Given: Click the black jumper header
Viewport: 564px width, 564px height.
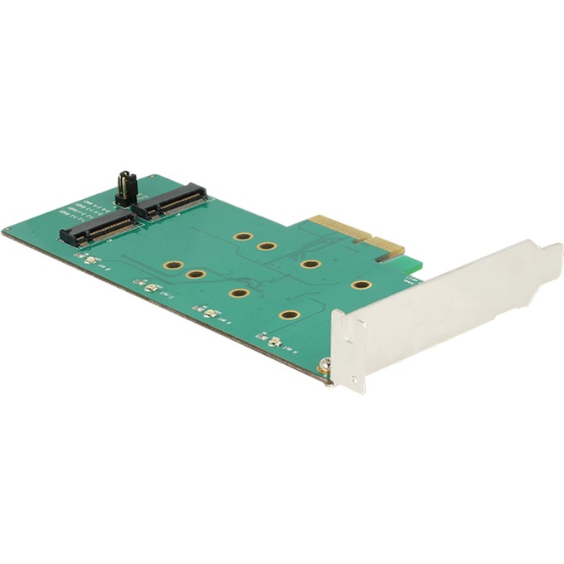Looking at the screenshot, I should point(124,187).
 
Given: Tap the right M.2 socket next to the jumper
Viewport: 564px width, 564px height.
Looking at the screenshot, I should point(173,199).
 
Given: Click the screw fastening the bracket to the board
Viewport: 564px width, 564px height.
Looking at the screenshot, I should point(325,364).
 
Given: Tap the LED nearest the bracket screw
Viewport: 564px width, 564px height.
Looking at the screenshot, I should point(274,341).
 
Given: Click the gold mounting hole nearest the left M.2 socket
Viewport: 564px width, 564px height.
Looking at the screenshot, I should point(173,265).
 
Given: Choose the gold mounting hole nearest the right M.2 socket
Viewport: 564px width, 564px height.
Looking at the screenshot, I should point(243,236).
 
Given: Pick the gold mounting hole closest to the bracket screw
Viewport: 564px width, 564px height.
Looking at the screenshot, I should point(289,315).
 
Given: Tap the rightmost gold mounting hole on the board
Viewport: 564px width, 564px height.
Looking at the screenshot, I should point(361,285).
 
